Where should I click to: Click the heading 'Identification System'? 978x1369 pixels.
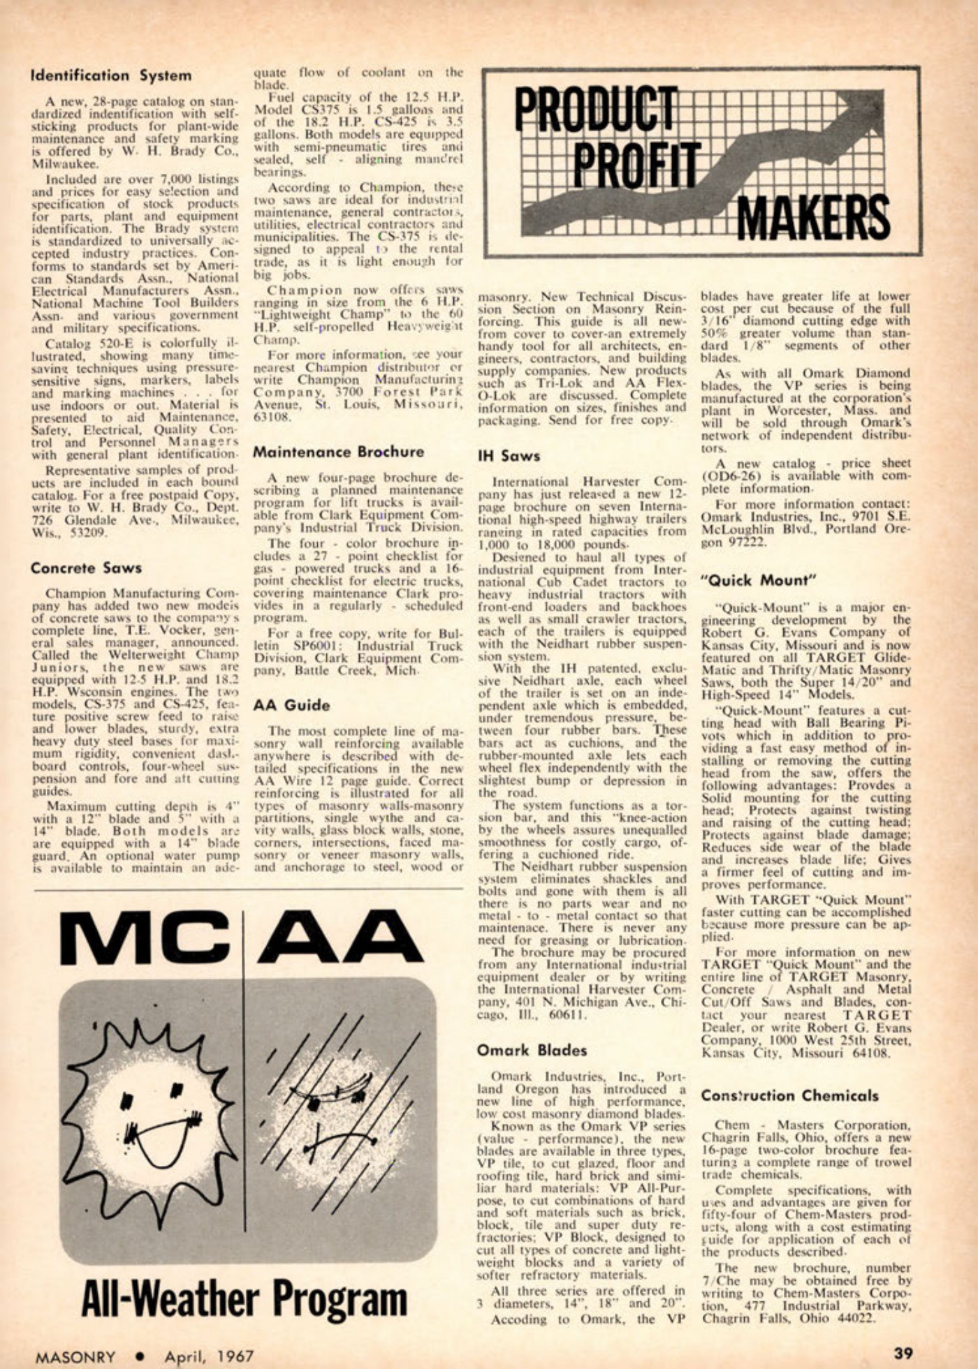[x=111, y=75]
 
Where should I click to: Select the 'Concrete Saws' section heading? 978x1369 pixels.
[x=86, y=568]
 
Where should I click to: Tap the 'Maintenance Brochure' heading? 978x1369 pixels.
[x=338, y=452]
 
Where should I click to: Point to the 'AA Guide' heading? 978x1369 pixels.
[x=291, y=706]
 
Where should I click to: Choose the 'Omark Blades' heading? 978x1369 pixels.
[x=532, y=1050]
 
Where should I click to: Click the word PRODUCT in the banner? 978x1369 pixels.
[x=597, y=112]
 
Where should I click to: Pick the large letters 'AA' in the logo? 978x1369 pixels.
[x=339, y=936]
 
